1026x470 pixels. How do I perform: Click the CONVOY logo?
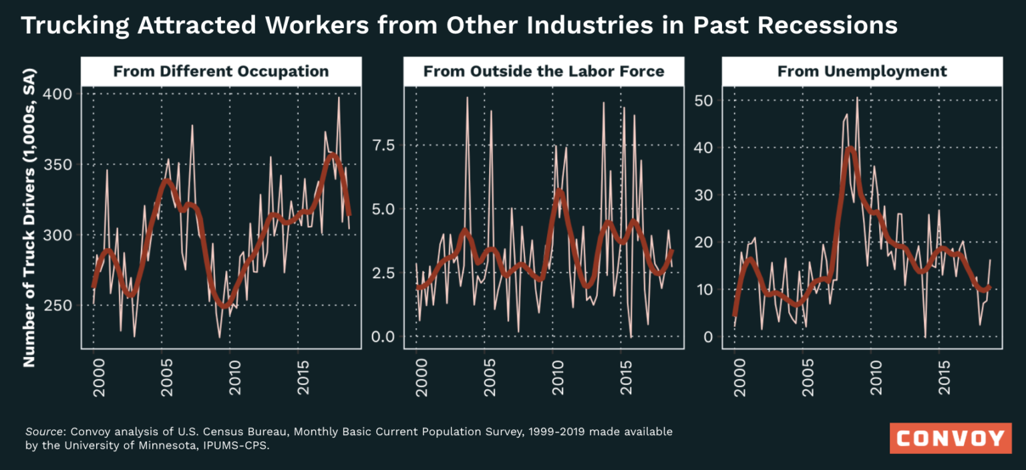951,439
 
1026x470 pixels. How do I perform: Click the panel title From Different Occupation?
221,72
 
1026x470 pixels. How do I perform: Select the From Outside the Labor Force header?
544,72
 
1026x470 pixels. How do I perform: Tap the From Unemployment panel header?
862,72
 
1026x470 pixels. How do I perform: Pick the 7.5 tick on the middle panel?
383,145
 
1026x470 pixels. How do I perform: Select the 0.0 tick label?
383,336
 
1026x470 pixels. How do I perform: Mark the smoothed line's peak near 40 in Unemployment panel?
849,149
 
